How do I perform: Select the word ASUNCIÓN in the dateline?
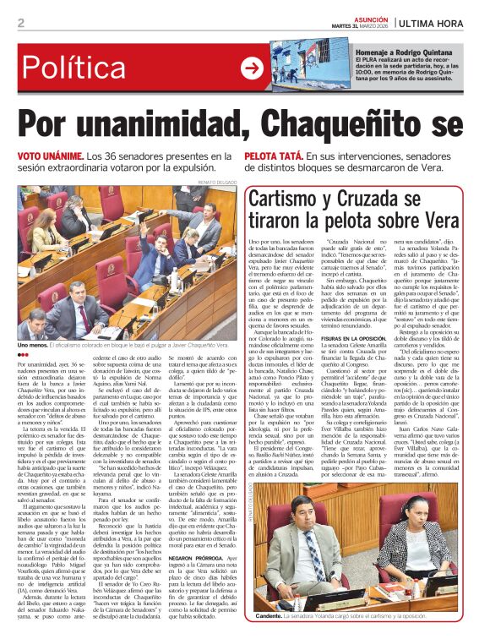[x=367, y=16]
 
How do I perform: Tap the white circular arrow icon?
[x=252, y=68]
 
